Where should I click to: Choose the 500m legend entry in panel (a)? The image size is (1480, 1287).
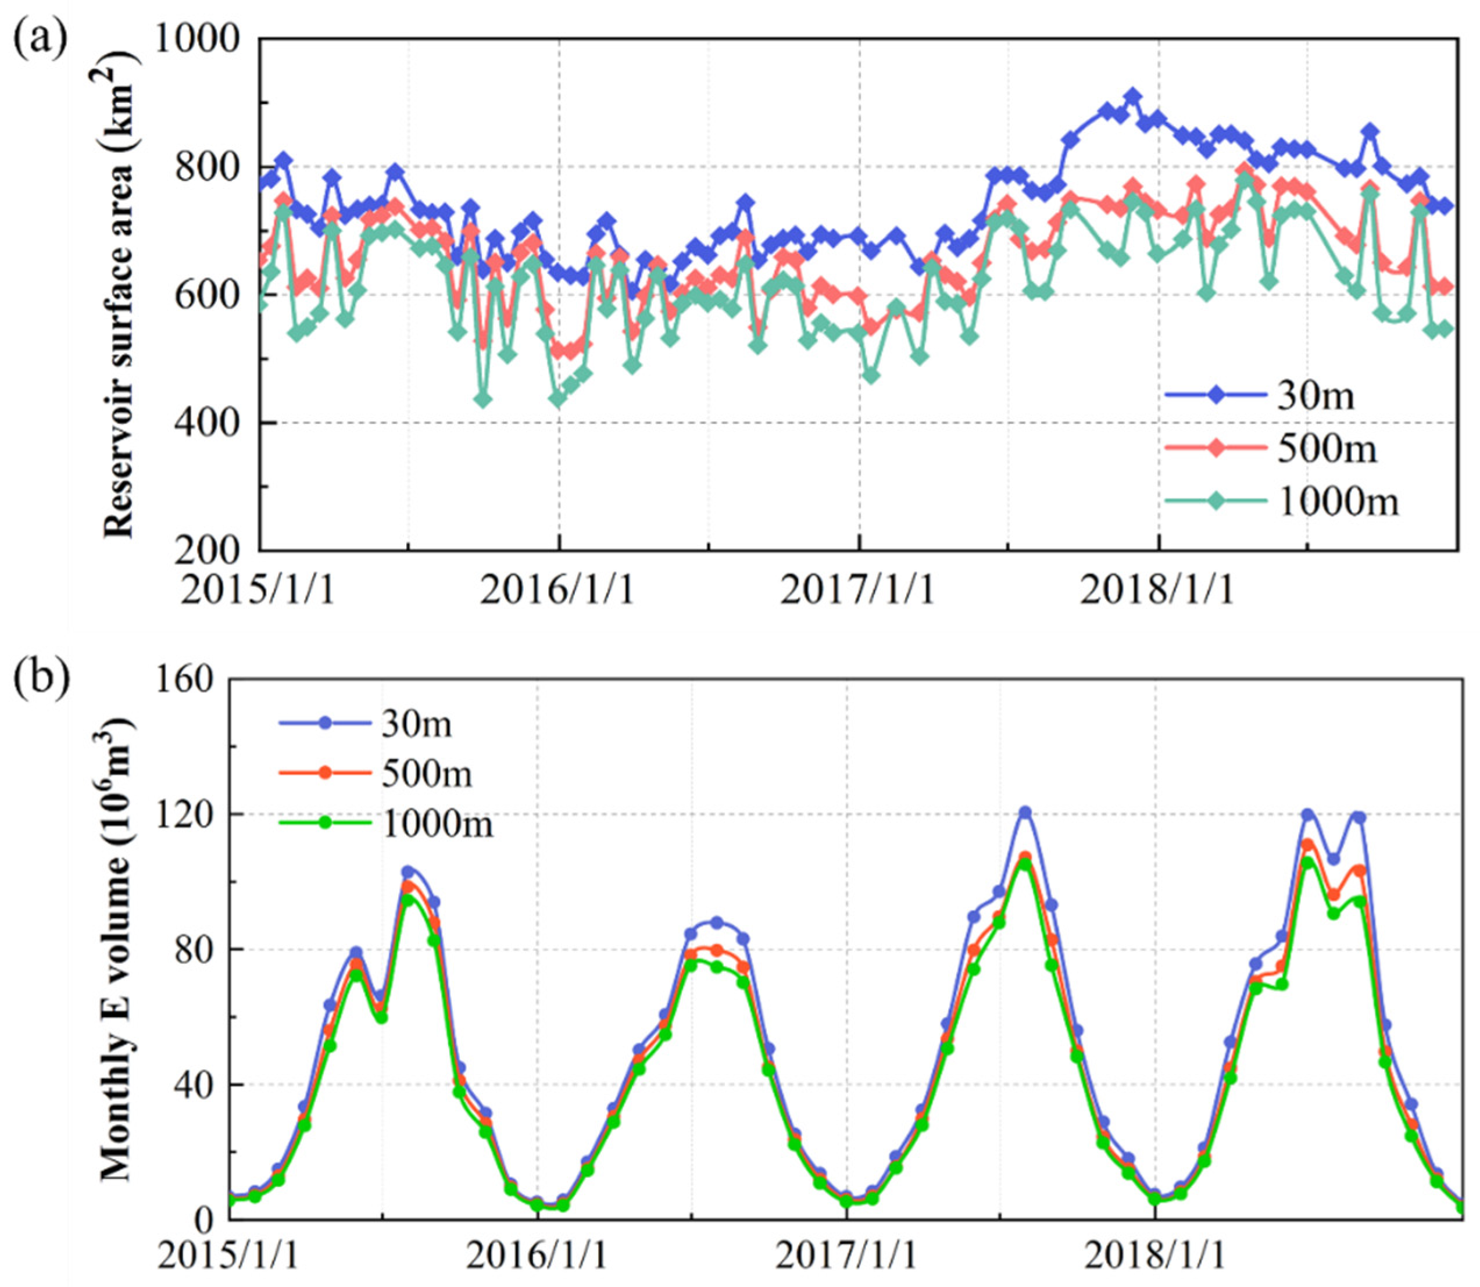[1327, 449]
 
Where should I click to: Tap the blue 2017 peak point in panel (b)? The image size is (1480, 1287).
[1025, 812]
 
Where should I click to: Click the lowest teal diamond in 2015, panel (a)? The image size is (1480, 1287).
[483, 399]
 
